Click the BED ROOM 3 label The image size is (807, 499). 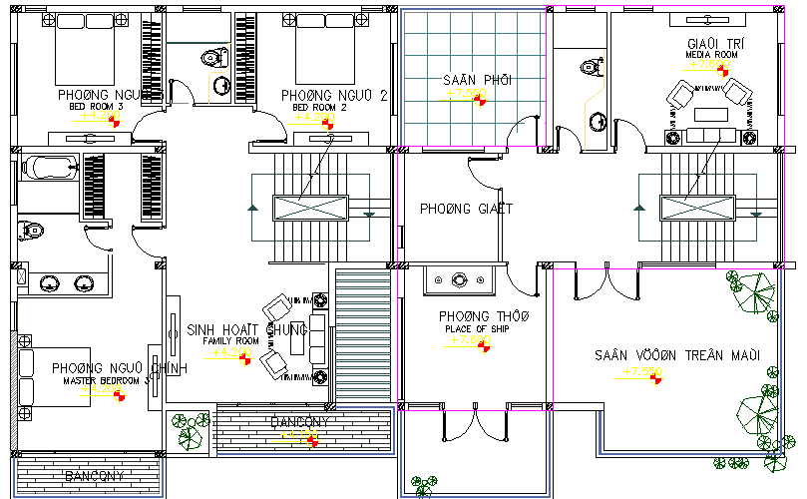point(95,107)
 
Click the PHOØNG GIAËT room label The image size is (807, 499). point(465,209)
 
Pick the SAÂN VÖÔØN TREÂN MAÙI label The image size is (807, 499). point(677,355)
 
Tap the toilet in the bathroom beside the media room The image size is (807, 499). point(591,67)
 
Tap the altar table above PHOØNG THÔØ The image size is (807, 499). point(460,281)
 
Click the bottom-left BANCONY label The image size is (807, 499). point(94,476)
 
